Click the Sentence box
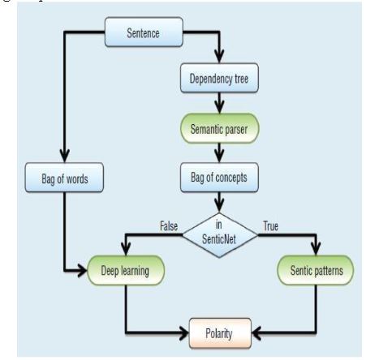(x=144, y=32)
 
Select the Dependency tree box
(x=219, y=78)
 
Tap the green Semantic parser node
(x=220, y=128)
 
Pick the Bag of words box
(x=64, y=178)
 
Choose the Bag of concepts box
(x=219, y=178)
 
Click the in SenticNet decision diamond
(x=220, y=235)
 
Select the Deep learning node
(x=126, y=270)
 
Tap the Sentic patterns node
(x=316, y=270)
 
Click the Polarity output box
(x=220, y=333)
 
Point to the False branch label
(x=169, y=226)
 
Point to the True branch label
(x=271, y=226)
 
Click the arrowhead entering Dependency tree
(x=219, y=56)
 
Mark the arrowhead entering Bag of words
(x=65, y=156)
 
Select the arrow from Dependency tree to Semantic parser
(x=219, y=103)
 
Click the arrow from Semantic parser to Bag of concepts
(x=219, y=153)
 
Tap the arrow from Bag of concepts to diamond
(x=219, y=202)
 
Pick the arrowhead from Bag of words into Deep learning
(x=81, y=270)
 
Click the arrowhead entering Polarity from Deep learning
(x=183, y=332)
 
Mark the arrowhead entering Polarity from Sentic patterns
(x=256, y=332)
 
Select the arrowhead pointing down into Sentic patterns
(x=316, y=249)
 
